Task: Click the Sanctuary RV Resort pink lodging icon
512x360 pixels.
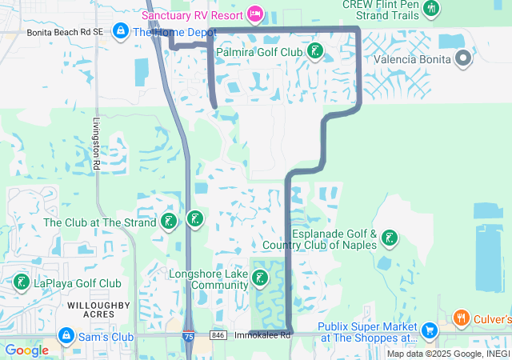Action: pos(255,14)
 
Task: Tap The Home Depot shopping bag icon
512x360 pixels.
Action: pos(120,31)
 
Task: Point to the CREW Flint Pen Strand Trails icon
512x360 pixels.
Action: pos(432,9)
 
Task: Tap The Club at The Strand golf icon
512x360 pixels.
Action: pos(169,222)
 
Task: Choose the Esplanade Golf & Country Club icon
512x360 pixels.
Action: pos(389,238)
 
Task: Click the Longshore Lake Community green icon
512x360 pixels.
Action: pos(260,278)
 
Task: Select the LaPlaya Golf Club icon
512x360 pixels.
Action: pos(20,282)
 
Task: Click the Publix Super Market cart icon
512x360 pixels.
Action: pos(429,330)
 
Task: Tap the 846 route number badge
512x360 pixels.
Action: pos(218,335)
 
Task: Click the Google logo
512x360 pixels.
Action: pos(26,350)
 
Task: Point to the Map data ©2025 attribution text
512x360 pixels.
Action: pos(448,354)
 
